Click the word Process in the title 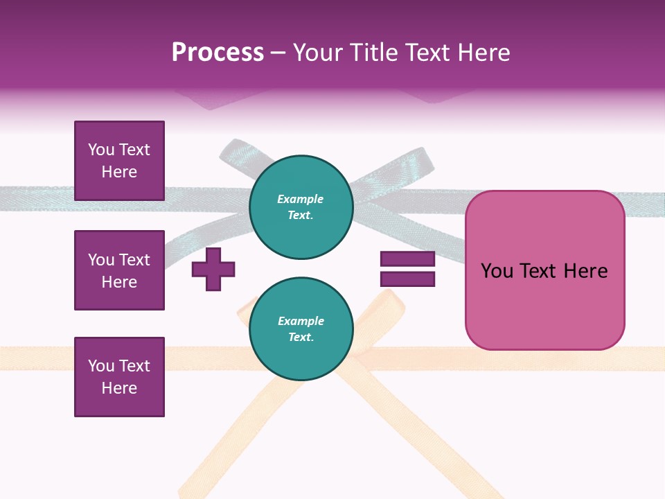(218, 53)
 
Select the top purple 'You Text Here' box (119, 161)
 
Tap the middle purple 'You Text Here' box (119, 270)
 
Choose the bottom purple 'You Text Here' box (119, 377)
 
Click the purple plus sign (213, 269)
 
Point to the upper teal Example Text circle (301, 207)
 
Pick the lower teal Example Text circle (301, 329)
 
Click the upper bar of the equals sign (407, 259)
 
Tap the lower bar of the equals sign (407, 279)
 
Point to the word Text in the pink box (538, 271)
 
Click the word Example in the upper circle (301, 200)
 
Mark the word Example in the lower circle (301, 322)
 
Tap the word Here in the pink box (585, 271)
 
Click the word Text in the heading (426, 53)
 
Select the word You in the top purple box (101, 150)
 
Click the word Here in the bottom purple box (119, 388)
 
